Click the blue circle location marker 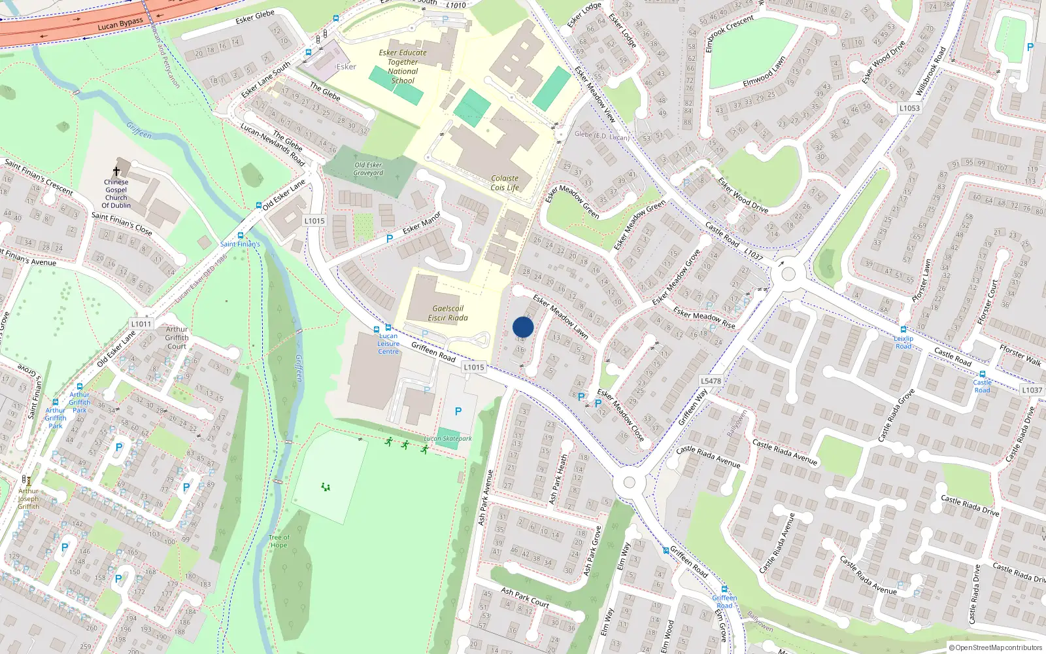point(523,327)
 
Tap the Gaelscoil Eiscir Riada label point(448,313)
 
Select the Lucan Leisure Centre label point(388,344)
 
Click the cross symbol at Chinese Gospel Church point(116,171)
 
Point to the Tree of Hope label point(279,542)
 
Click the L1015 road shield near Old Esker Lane point(314,221)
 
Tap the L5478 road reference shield point(711,381)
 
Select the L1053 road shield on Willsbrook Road point(909,109)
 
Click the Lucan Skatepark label point(448,439)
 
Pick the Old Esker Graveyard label point(368,169)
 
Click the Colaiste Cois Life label point(505,182)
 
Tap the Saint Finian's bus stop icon point(241,235)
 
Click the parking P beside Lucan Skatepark point(458,411)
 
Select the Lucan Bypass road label point(120,25)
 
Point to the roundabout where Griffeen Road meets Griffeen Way point(629,483)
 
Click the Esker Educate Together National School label point(403,67)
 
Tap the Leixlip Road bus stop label point(903,342)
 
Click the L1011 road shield point(141,324)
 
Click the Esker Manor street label point(422,223)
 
